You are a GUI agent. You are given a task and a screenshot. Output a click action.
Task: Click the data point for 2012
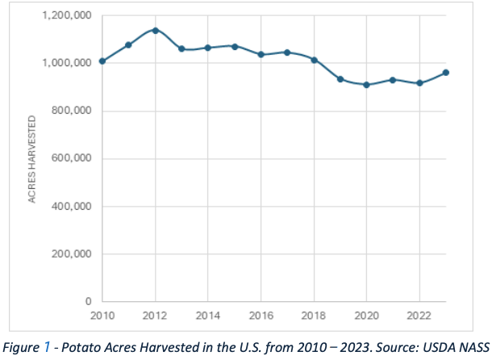point(155,31)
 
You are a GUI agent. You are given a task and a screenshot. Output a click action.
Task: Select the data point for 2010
point(102,61)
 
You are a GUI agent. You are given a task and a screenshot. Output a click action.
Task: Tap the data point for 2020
point(366,85)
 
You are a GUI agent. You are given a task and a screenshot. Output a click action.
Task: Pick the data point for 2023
point(446,73)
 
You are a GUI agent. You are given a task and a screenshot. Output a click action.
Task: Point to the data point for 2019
point(340,79)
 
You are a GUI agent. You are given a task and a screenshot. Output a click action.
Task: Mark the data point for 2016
point(261,55)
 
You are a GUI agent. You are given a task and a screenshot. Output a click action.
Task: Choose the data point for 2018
point(314,60)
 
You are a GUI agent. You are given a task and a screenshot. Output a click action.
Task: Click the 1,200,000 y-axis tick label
point(69,15)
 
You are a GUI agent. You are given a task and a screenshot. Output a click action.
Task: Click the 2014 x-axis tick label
point(208,315)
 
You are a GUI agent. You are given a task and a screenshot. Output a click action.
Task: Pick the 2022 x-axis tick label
point(419,315)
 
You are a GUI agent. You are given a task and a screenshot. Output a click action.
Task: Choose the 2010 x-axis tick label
point(102,315)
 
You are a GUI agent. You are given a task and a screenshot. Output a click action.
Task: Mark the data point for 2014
point(208,48)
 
